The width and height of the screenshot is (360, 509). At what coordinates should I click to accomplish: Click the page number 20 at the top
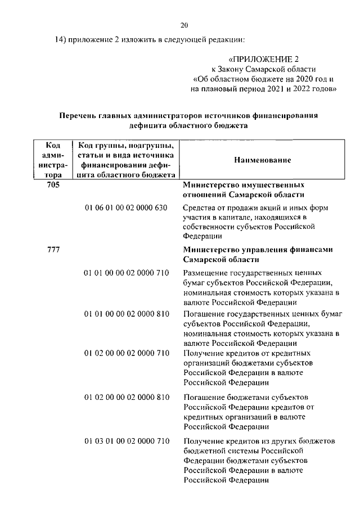(x=184, y=25)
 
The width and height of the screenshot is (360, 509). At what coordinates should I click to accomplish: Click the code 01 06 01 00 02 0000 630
(x=127, y=208)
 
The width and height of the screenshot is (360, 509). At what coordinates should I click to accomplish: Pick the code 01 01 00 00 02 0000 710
(x=127, y=273)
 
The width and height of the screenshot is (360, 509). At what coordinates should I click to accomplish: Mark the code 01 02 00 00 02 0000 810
(x=127, y=397)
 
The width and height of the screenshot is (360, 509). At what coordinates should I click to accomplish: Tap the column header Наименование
(x=262, y=160)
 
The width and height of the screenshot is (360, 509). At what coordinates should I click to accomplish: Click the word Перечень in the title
(x=79, y=116)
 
